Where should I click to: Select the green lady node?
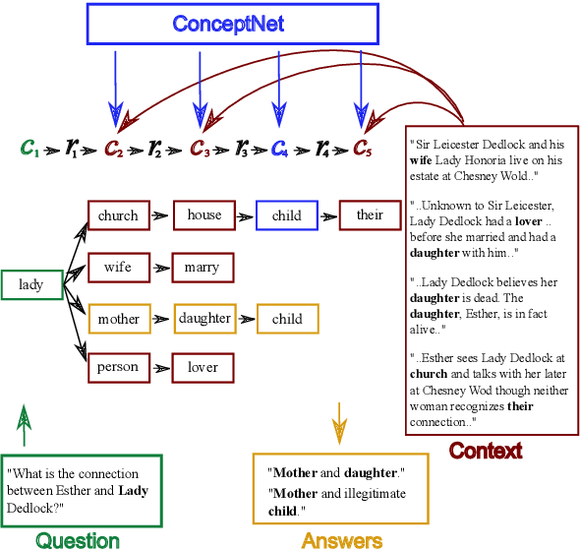31,285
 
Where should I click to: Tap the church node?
118,215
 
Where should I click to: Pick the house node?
204,215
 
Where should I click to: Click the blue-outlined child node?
287,215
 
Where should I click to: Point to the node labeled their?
370,215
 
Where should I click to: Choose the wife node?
118,267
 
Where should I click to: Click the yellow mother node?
118,319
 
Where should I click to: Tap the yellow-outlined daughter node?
204,319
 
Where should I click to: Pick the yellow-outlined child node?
287,319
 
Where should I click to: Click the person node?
118,368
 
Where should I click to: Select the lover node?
203,368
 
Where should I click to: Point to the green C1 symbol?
29,150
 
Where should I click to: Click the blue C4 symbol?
280,150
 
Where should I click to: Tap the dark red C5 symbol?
363,150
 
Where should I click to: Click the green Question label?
78,539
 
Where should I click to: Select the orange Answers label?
341,539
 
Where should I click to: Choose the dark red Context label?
486,451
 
